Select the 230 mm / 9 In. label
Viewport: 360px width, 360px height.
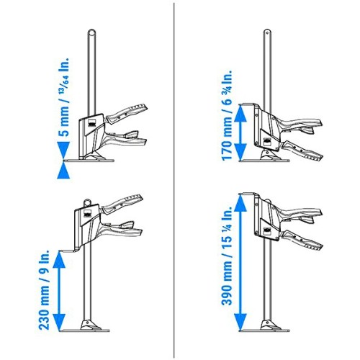pyautogui.click(x=44, y=289)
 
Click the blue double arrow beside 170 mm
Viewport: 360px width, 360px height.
pyautogui.click(x=240, y=132)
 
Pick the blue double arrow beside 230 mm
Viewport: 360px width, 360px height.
pyautogui.click(x=59, y=290)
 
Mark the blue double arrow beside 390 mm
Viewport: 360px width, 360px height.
pyautogui.click(x=240, y=262)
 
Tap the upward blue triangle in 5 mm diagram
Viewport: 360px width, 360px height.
pyautogui.click(x=63, y=170)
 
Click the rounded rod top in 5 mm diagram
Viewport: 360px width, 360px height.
pyautogui.click(x=91, y=32)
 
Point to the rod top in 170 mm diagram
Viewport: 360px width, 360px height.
pyautogui.click(x=267, y=32)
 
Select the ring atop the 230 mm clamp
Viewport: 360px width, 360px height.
pyautogui.click(x=87, y=203)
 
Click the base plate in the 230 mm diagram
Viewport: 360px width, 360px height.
pyautogui.click(x=85, y=330)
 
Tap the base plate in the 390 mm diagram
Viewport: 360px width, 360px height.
pyautogui.click(x=264, y=330)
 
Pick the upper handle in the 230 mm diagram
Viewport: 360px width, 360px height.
pyautogui.click(x=122, y=204)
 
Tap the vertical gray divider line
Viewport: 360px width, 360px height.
pyautogui.click(x=174, y=180)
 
